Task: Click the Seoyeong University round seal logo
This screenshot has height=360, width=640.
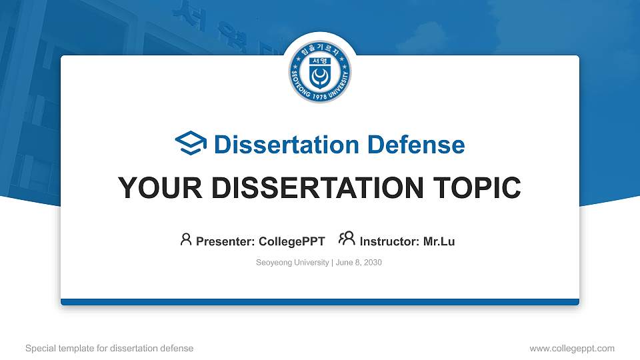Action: [319, 71]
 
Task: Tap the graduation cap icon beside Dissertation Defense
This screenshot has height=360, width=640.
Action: [191, 143]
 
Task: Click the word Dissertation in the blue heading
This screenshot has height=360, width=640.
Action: [287, 145]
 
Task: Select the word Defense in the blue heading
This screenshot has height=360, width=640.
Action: [416, 145]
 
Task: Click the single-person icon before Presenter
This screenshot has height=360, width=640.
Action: [186, 239]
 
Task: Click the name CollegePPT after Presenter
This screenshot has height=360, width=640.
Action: [292, 241]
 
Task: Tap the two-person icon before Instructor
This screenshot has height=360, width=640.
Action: [347, 239]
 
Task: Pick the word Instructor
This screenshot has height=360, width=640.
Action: [389, 241]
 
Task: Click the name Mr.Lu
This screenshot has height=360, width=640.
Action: [439, 241]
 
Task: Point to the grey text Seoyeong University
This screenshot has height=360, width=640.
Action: [292, 263]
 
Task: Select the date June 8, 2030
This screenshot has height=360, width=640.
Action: [359, 263]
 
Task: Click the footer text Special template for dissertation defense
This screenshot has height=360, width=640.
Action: [109, 348]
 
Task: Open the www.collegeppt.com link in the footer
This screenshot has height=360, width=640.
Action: [572, 348]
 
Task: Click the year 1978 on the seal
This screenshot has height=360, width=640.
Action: [320, 96]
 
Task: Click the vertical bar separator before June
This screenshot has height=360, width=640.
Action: [332, 263]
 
